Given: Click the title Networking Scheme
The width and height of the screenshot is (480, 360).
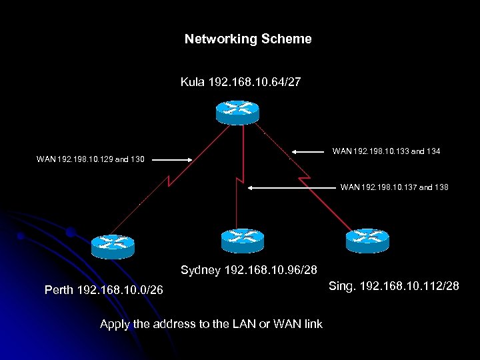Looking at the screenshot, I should (x=248, y=39).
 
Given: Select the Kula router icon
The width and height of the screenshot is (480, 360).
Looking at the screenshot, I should (x=237, y=111).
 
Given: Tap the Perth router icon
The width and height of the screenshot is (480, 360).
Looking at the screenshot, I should (x=113, y=246).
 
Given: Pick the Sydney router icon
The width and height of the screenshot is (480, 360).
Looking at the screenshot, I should (x=242, y=240).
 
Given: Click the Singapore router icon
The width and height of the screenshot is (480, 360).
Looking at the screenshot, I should (x=367, y=240).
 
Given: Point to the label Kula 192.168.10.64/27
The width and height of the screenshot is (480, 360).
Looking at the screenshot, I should (x=240, y=83).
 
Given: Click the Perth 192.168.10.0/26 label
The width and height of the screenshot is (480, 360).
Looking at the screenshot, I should (x=103, y=290).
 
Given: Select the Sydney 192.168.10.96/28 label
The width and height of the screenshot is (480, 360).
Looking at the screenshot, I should (x=249, y=271).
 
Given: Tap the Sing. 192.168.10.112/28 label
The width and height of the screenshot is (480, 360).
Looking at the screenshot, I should (x=394, y=287).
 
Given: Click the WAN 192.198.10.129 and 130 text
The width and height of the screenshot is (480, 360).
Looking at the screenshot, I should (x=95, y=159).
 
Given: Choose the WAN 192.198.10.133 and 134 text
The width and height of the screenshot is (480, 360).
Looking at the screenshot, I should (x=386, y=152).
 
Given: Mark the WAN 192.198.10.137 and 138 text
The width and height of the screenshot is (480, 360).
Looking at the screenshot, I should (x=394, y=187).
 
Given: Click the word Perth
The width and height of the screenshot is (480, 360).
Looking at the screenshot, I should (x=59, y=290).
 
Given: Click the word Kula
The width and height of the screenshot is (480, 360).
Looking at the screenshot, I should (x=193, y=83).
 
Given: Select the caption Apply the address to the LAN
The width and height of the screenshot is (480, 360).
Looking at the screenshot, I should (x=211, y=325).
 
